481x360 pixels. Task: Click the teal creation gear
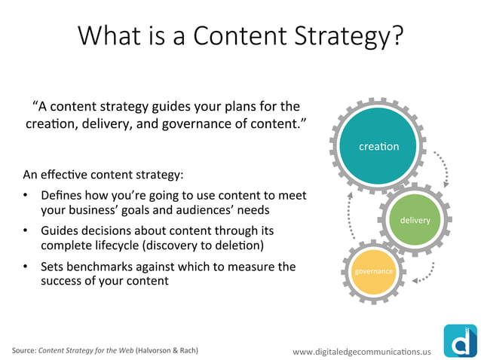(378, 146)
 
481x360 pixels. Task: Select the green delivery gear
(415, 220)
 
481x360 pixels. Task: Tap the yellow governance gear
(374, 270)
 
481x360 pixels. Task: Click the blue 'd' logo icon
(459, 340)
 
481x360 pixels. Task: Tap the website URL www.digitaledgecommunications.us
(362, 351)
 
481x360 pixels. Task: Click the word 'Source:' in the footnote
(23, 351)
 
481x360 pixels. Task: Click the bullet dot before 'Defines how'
(26, 196)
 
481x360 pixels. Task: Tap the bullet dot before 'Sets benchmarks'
(26, 267)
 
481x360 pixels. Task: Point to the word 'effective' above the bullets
(65, 175)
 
